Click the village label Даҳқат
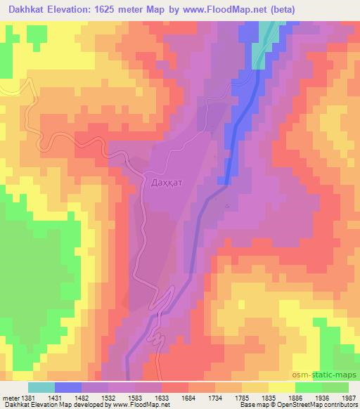166,182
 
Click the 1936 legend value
321,398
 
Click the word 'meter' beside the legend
10,398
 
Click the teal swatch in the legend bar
41,387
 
